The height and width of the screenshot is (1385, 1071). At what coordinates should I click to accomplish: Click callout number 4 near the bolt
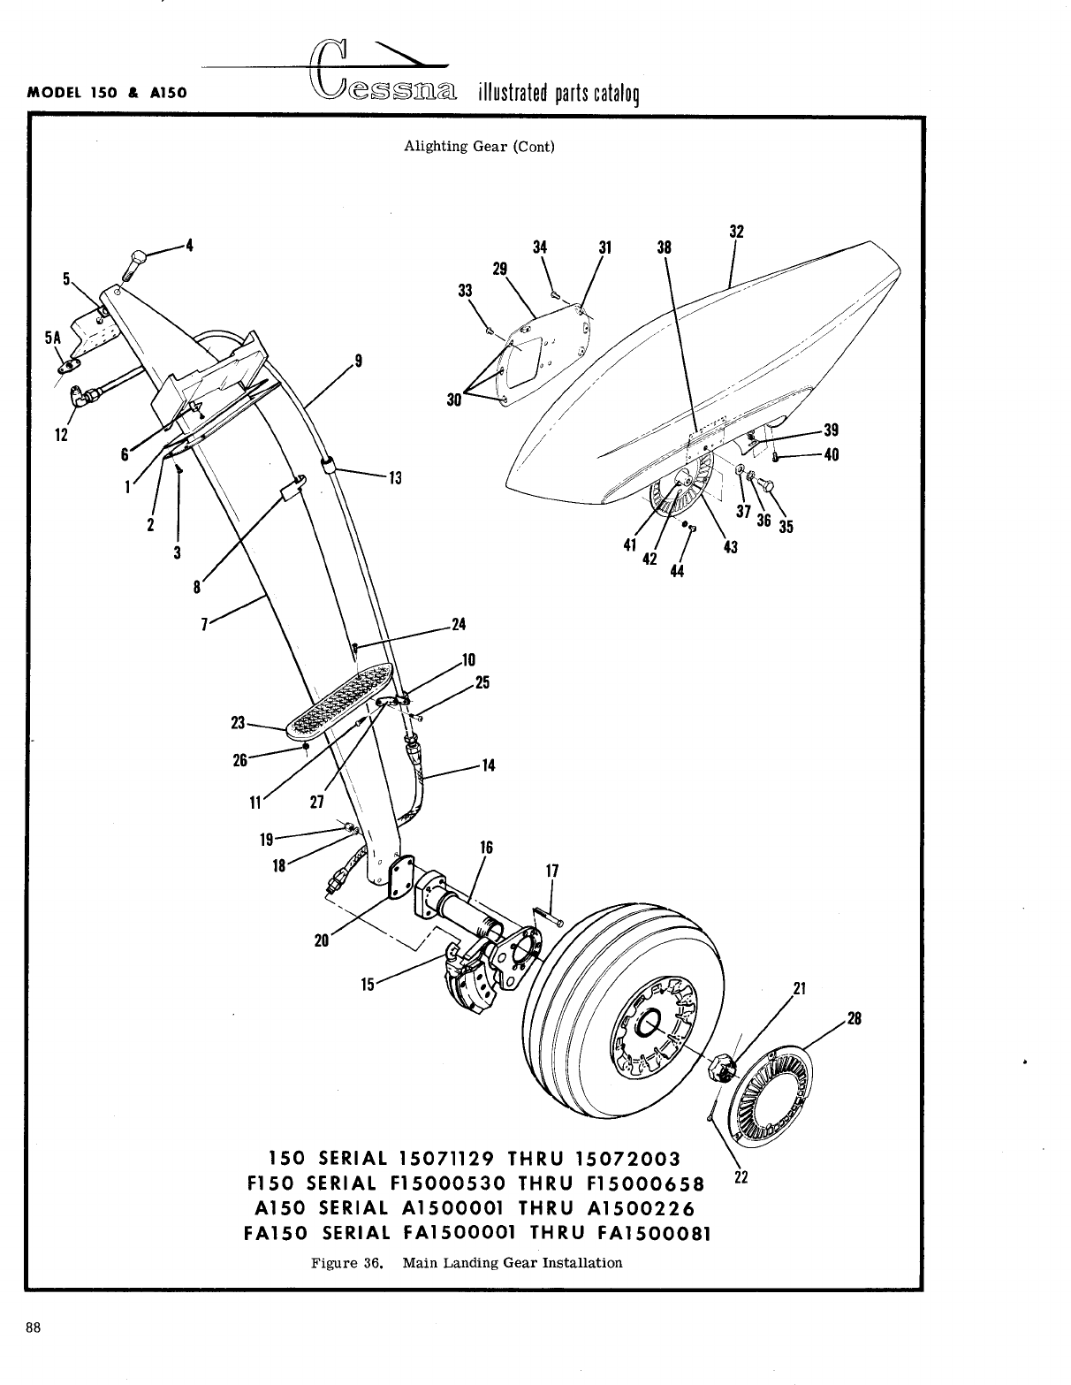pyautogui.click(x=186, y=245)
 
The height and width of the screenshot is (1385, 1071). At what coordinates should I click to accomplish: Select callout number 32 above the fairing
pyautogui.click(x=735, y=232)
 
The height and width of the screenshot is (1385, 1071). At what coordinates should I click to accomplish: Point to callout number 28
pyautogui.click(x=855, y=1019)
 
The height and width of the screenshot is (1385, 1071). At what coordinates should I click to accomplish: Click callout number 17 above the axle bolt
pyautogui.click(x=552, y=871)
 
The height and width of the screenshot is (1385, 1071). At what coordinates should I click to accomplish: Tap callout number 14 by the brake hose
pyautogui.click(x=488, y=765)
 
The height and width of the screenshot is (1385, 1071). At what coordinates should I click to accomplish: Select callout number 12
pyautogui.click(x=61, y=434)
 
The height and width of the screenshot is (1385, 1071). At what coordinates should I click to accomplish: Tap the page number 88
pyautogui.click(x=34, y=1303)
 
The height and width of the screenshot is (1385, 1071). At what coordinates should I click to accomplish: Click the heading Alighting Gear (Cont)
pyautogui.click(x=479, y=147)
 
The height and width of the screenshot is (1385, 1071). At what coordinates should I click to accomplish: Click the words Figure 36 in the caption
pyautogui.click(x=347, y=1262)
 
